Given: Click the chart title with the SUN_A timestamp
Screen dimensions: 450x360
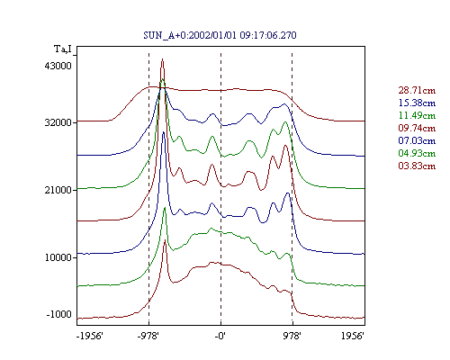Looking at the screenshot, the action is coord(220,35).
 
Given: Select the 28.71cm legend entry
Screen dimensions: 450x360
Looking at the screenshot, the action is coord(417,90).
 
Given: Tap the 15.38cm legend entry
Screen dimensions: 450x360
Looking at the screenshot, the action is coord(417,103).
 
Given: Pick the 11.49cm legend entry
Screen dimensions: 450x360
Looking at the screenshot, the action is coord(417,115).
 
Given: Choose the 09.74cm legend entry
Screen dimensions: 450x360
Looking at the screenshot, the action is coord(417,128).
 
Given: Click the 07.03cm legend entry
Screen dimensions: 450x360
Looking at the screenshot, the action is coord(417,140).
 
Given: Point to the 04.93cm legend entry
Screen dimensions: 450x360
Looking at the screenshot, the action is coord(417,153).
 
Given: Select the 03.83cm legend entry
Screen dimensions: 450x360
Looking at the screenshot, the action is coord(417,166).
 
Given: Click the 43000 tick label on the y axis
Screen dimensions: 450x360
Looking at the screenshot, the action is coord(58,66).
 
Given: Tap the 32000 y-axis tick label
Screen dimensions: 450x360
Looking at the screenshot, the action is coord(58,122).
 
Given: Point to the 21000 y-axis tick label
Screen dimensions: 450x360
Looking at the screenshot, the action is coord(58,190).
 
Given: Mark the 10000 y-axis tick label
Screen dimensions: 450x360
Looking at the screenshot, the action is coord(58,257).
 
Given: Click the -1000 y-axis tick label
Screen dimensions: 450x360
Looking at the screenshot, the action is coord(59,314).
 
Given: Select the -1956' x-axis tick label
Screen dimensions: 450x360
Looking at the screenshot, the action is coord(90,336).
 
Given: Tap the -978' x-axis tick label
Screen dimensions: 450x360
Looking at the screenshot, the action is coord(148,336).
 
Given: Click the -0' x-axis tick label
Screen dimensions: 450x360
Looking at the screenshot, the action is coord(220,336).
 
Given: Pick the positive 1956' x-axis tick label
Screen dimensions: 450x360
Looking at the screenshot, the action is coord(353,336).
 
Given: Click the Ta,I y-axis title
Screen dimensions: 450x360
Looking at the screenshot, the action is coord(63,49).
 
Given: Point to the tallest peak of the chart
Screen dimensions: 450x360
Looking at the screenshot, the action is coord(162,59).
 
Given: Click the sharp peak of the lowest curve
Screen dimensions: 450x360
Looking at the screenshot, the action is coord(165,240).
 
